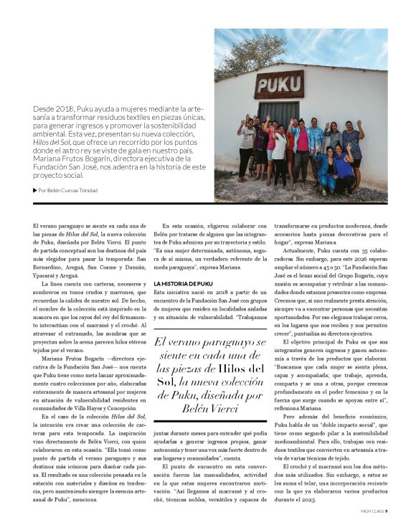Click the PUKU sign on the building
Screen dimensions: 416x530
tap(278, 84)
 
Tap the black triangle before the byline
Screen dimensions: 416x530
tap(35, 190)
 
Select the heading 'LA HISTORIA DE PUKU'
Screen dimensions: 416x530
tap(184, 285)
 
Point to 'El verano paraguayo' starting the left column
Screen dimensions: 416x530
tap(55, 227)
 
